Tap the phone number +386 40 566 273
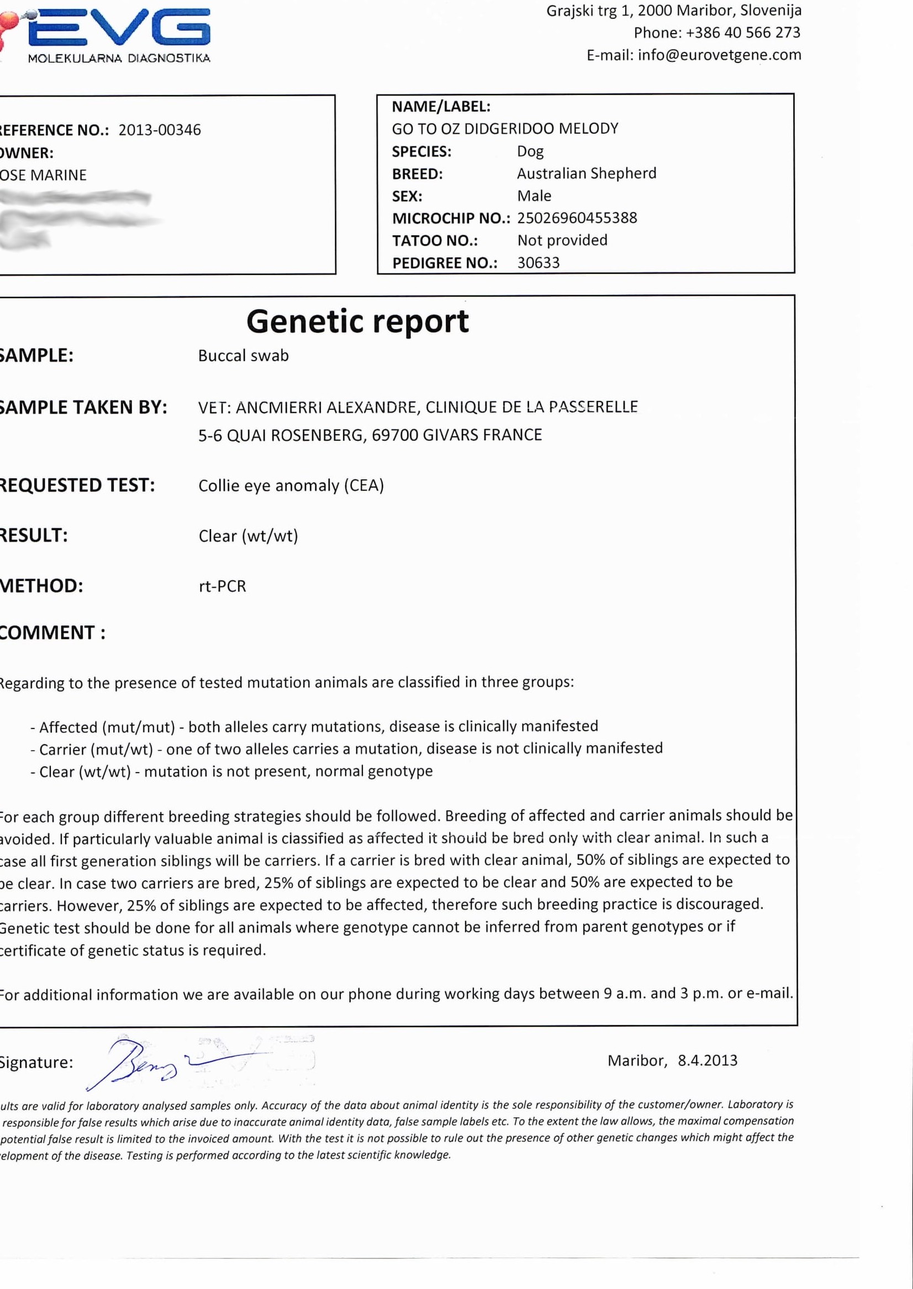(x=743, y=33)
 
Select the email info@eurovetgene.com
(x=719, y=55)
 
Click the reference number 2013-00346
(x=160, y=130)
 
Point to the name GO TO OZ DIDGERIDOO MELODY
(x=505, y=129)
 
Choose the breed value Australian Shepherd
(x=587, y=173)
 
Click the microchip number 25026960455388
(x=577, y=218)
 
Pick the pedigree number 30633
(x=538, y=262)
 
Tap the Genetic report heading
(x=357, y=321)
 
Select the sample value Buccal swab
(x=243, y=356)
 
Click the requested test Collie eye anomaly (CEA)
(x=291, y=485)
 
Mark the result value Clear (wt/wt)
(x=248, y=536)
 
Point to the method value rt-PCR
(x=222, y=587)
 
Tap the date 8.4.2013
(x=707, y=1061)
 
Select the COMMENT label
(x=52, y=633)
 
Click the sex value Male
(x=534, y=196)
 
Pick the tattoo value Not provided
(x=562, y=240)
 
